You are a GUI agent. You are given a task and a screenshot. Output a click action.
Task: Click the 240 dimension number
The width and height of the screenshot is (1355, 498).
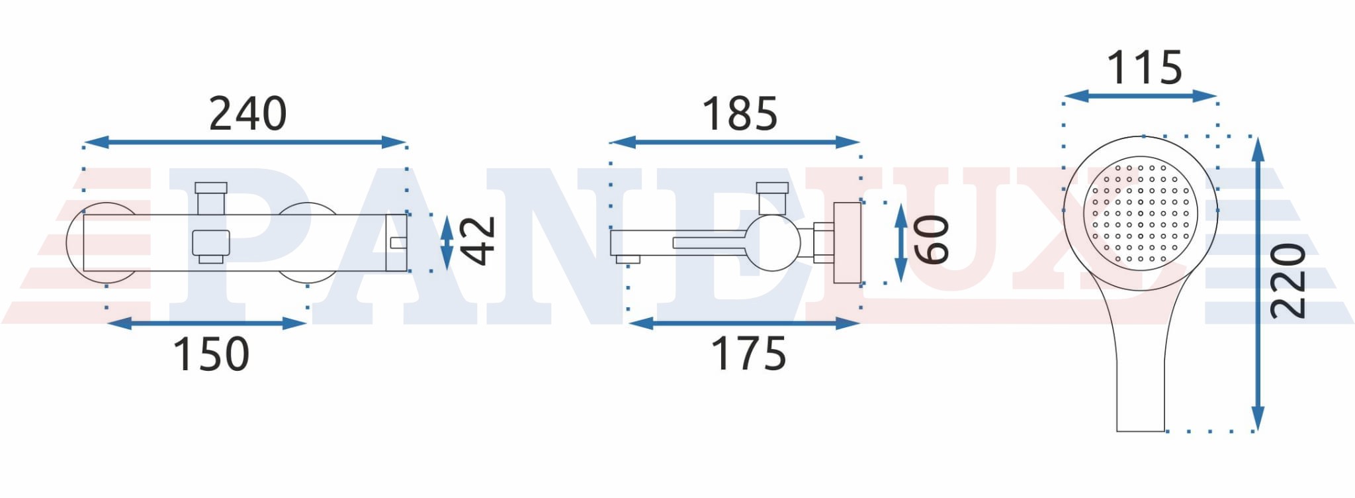click(x=248, y=114)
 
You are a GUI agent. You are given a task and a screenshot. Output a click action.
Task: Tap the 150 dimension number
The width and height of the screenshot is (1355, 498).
click(x=211, y=354)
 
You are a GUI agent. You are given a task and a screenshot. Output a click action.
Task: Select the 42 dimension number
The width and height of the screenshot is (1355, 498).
click(x=478, y=240)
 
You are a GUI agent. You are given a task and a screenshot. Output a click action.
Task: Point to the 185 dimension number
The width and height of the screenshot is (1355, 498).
click(x=740, y=114)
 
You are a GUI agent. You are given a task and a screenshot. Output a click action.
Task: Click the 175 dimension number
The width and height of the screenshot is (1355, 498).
click(x=748, y=354)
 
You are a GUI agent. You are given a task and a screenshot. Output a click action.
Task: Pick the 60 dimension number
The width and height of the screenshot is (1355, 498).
click(x=932, y=240)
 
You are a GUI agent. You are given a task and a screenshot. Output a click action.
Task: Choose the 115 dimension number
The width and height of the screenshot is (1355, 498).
click(x=1144, y=68)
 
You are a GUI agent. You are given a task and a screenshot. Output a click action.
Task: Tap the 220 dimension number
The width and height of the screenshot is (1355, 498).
click(x=1288, y=281)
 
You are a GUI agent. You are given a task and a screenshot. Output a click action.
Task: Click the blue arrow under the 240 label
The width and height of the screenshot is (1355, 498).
click(x=245, y=142)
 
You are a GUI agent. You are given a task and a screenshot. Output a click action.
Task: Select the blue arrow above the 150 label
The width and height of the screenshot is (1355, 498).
click(x=206, y=323)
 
